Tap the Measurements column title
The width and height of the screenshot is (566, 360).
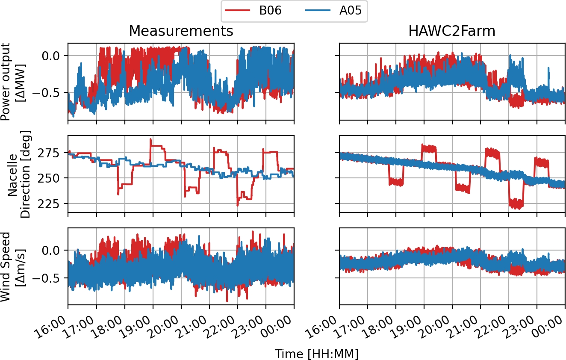pos(181,31)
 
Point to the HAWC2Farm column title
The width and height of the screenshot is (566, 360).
pos(452,31)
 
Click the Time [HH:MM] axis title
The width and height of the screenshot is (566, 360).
pos(316,354)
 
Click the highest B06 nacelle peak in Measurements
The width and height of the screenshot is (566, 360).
pos(150,139)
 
